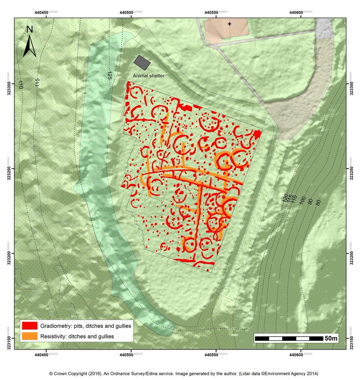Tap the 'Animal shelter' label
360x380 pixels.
coord(148,76)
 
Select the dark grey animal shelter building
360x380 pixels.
coord(142,62)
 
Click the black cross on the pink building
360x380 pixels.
coord(229,24)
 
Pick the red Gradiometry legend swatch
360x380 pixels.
coord(30,326)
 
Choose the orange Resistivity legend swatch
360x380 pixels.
coord(30,336)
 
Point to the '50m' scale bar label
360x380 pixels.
coord(331,338)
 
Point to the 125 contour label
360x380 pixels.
coord(109,75)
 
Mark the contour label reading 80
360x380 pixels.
coord(318,202)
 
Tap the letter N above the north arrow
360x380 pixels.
coord(29,29)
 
